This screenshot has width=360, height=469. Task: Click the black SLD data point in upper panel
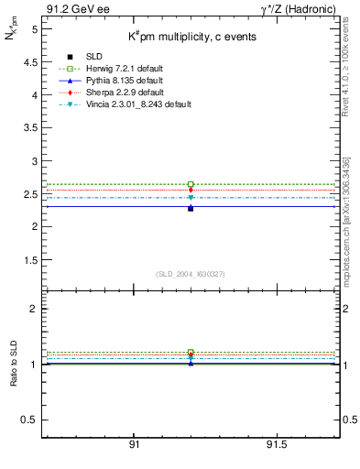pos(191,208)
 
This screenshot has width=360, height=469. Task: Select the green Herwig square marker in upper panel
pos(191,184)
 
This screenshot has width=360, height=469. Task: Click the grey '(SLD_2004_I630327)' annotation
pos(191,274)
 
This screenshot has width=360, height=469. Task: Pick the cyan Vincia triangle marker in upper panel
pos(191,198)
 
